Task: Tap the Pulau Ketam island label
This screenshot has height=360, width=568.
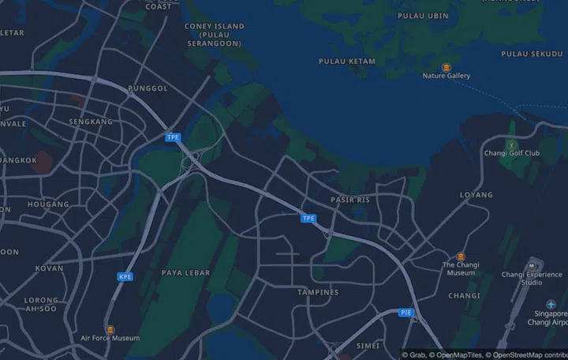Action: pos(347,61)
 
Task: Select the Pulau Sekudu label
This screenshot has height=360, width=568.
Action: pos(534,54)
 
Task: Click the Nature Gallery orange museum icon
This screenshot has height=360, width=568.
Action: pos(447,67)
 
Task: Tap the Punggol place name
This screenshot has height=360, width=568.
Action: pos(148,88)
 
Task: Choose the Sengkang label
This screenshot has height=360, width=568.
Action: pos(91,122)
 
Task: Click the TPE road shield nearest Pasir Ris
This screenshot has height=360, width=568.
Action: pos(308,218)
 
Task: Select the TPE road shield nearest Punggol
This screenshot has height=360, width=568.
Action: pos(173,137)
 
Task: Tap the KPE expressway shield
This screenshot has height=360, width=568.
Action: pos(125,276)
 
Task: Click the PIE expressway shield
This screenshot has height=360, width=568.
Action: pos(405,313)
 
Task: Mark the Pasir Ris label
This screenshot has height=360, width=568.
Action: pos(350,200)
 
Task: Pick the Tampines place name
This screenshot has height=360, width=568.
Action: pos(318,292)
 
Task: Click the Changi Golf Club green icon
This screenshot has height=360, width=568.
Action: pos(511,144)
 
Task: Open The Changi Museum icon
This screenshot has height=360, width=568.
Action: pos(461,257)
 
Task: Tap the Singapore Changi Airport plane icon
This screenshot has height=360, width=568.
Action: pos(551,305)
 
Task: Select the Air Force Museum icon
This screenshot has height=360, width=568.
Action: pos(110,329)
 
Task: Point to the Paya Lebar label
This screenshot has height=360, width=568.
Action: pos(185,272)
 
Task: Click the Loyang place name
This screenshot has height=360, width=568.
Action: pos(476,194)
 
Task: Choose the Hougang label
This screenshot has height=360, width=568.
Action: pos(48,204)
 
